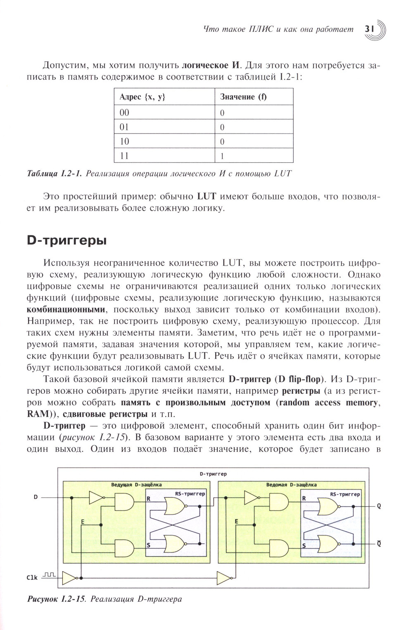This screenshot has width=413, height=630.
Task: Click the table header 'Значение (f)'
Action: click(x=243, y=97)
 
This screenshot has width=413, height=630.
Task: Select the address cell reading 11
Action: click(x=124, y=156)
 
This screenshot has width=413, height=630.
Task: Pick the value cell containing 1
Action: click(x=222, y=156)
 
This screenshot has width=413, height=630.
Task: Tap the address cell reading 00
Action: click(x=124, y=113)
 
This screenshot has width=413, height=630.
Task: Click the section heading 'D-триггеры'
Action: click(x=67, y=240)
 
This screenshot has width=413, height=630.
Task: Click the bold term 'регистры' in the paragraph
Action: click(x=301, y=390)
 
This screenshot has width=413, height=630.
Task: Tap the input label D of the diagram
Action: click(x=36, y=497)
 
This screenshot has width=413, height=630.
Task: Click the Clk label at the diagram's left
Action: click(x=32, y=578)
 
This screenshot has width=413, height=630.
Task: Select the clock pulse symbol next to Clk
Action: click(x=49, y=574)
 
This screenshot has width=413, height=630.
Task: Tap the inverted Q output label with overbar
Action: click(x=379, y=544)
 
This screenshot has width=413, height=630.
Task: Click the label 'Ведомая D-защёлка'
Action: click(x=291, y=484)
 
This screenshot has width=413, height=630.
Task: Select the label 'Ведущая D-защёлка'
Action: click(x=136, y=484)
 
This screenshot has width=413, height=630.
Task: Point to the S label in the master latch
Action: click(x=148, y=545)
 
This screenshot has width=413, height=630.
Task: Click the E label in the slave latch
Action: click(x=237, y=522)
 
